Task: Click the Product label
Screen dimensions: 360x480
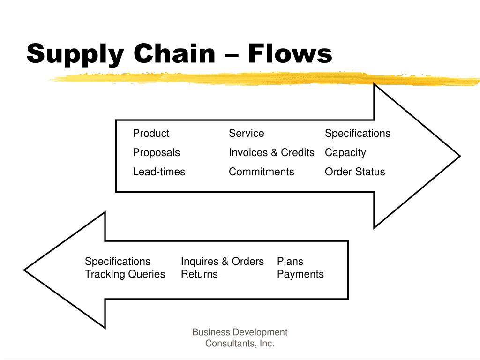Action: click(x=151, y=134)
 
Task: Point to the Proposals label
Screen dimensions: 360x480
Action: click(x=156, y=153)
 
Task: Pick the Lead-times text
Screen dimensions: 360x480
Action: click(x=159, y=172)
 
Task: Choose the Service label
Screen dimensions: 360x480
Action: click(x=246, y=134)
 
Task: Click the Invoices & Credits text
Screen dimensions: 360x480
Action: click(x=271, y=153)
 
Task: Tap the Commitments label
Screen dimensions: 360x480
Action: click(x=261, y=172)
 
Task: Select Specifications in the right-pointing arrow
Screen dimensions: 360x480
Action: click(x=357, y=134)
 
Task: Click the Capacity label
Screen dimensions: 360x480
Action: click(x=345, y=153)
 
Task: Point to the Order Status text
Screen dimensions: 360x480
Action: click(x=354, y=172)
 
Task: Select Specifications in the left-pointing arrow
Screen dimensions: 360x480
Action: click(x=118, y=262)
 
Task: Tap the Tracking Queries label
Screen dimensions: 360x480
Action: click(x=125, y=274)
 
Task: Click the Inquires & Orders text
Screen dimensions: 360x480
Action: click(x=222, y=262)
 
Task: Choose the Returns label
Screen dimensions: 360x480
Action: click(x=199, y=274)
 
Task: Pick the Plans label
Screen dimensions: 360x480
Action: click(x=290, y=262)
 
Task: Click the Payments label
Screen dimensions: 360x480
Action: click(x=300, y=274)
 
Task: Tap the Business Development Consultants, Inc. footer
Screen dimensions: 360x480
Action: click(x=240, y=338)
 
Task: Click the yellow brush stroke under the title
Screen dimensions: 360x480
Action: click(x=262, y=79)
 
